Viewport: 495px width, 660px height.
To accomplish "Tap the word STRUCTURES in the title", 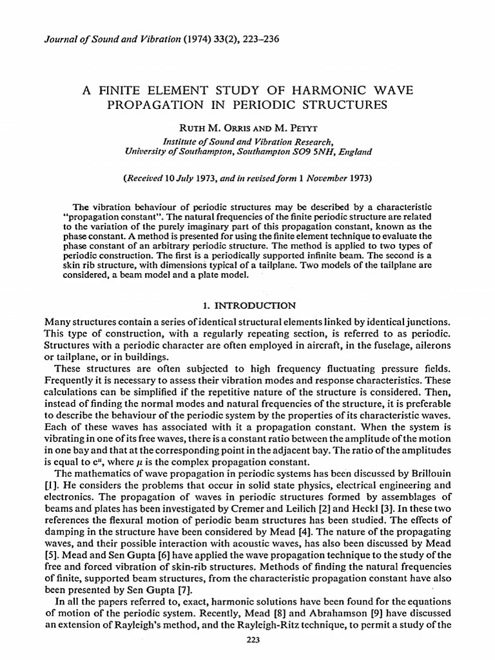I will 351,104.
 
